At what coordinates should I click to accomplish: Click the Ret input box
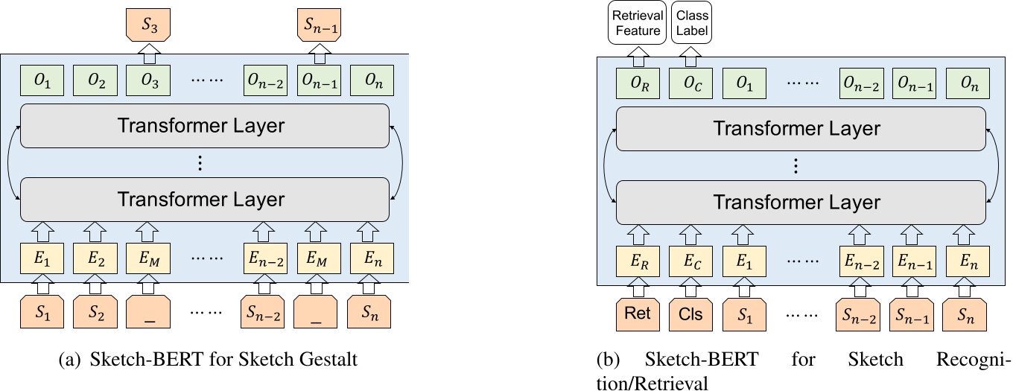tap(636, 314)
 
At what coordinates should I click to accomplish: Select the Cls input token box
tap(690, 314)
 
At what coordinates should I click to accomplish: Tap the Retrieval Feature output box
tap(636, 23)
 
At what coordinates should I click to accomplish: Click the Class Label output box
tap(692, 23)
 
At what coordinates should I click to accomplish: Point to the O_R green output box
tap(636, 84)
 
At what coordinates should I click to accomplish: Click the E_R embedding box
tap(636, 261)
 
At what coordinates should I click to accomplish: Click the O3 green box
tap(147, 80)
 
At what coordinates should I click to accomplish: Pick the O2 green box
tap(94, 80)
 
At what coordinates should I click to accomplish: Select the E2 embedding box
tap(94, 260)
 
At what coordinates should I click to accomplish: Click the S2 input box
tap(94, 313)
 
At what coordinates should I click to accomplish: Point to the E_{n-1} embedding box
tap(914, 261)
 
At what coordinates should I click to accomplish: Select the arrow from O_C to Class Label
tap(690, 56)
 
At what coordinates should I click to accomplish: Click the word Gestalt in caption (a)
tap(330, 360)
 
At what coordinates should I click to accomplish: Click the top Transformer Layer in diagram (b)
tap(797, 129)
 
